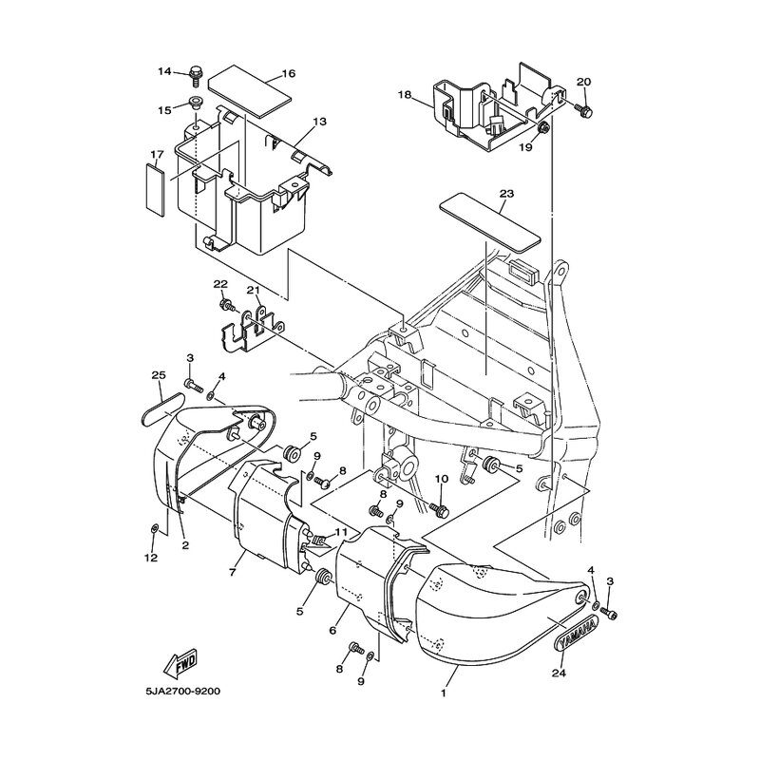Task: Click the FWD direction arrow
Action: pyautogui.click(x=180, y=662)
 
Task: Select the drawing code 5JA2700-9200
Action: pyautogui.click(x=181, y=692)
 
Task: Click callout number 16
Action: pyautogui.click(x=288, y=74)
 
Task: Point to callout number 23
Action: pyautogui.click(x=507, y=194)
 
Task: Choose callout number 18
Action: pyautogui.click(x=405, y=94)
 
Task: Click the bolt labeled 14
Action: pyautogui.click(x=196, y=75)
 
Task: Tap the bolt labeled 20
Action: pyautogui.click(x=583, y=110)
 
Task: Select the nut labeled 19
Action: pyautogui.click(x=543, y=128)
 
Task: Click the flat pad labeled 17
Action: pyautogui.click(x=155, y=189)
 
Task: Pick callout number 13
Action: pyautogui.click(x=320, y=122)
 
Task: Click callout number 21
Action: pyautogui.click(x=254, y=290)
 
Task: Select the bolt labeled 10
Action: pyautogui.click(x=440, y=509)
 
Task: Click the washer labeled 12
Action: pyautogui.click(x=155, y=528)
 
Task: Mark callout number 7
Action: pyautogui.click(x=232, y=573)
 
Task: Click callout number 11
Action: pyautogui.click(x=341, y=532)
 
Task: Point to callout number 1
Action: pyautogui.click(x=443, y=693)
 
